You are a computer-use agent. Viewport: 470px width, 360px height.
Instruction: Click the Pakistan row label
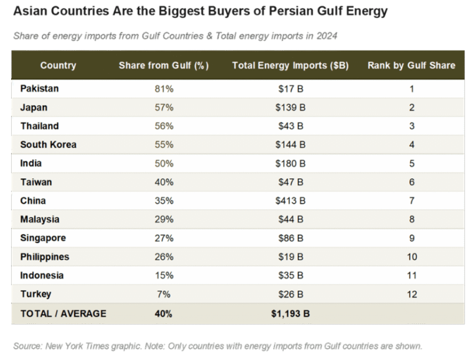click(39, 89)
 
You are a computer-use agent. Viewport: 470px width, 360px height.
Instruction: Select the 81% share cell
click(164, 89)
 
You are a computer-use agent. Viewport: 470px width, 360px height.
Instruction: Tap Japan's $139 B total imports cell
click(290, 107)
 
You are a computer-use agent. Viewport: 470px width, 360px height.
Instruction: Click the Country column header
click(58, 65)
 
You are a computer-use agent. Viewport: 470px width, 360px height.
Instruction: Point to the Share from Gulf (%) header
click(164, 65)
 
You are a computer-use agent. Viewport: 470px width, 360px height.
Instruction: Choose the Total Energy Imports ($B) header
click(290, 65)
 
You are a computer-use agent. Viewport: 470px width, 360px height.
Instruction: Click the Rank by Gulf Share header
click(411, 65)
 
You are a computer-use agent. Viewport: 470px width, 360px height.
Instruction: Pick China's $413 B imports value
click(290, 200)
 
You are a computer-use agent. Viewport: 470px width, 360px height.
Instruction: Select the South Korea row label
click(48, 145)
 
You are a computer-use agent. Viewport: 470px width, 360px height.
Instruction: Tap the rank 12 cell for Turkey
click(411, 294)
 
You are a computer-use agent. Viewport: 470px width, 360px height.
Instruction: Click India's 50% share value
click(164, 163)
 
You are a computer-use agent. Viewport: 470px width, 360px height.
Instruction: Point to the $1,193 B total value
click(290, 313)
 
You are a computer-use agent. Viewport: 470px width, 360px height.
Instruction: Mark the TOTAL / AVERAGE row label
click(63, 313)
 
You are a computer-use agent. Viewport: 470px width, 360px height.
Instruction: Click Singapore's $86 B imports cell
click(290, 238)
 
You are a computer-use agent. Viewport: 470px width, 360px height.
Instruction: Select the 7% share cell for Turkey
click(164, 294)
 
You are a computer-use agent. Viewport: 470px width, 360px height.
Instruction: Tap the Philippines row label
click(45, 257)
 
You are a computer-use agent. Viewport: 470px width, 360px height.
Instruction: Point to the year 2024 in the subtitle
click(327, 36)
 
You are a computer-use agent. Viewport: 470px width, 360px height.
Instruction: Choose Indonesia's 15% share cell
click(164, 275)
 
